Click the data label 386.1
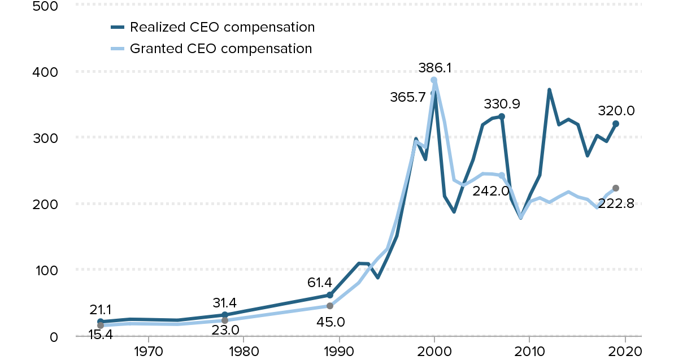coord(435,68)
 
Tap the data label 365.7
coord(407,97)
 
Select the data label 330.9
coord(502,104)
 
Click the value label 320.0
coord(616,111)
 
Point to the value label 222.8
coord(616,203)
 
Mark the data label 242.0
coord(492,191)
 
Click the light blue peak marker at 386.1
coord(434,80)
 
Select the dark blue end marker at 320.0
coord(616,124)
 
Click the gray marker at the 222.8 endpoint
coord(616,188)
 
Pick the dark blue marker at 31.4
coord(225,315)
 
